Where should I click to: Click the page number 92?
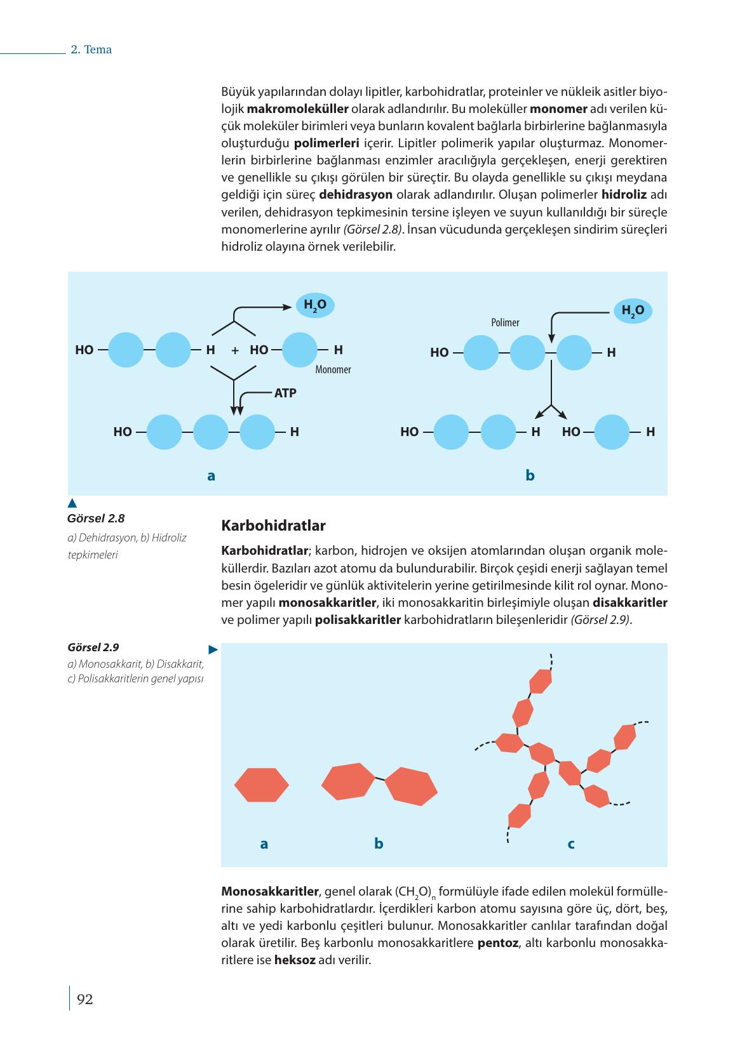coord(84,999)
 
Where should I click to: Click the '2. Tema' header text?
coord(91,50)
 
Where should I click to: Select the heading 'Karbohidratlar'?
coord(273,526)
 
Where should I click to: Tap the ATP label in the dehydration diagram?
coord(285,393)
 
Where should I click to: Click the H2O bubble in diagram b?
coord(632,310)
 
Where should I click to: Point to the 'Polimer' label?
coord(505,322)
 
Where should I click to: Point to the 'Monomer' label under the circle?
coord(333,369)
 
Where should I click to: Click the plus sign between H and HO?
coord(235,350)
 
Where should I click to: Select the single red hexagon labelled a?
coord(262,785)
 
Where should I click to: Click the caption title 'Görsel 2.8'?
coord(96,518)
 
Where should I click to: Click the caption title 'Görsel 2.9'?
coord(93,647)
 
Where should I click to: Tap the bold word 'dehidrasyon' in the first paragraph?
coord(356,194)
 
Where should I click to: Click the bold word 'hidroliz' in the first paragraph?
coord(623,194)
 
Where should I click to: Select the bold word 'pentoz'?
coord(497,943)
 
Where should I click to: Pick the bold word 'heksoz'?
coord(295,960)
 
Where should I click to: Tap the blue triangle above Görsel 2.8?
coord(72,504)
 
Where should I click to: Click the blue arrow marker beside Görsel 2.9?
coord(213,649)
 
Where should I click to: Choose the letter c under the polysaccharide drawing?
coord(571,844)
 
